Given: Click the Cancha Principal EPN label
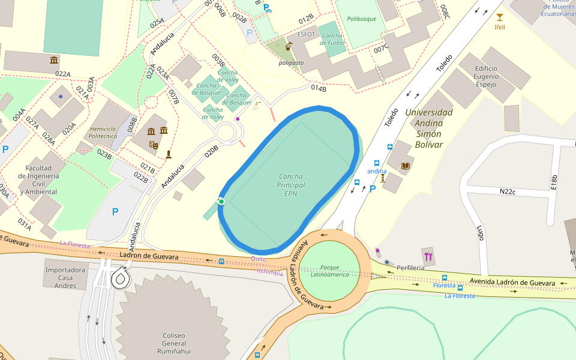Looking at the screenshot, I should click(290, 185).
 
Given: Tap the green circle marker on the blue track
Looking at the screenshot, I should click(221, 202).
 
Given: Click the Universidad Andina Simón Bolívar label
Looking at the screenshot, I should click(428, 128).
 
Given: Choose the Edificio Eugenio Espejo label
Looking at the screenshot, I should click(486, 77).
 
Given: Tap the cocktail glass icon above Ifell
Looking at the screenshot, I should click(499, 17).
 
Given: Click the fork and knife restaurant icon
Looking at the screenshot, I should click(428, 257).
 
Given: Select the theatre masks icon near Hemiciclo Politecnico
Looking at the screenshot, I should click(154, 145).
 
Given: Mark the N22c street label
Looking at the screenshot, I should click(508, 192).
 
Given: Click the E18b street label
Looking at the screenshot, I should click(554, 182).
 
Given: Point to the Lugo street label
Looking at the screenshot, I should click(480, 233).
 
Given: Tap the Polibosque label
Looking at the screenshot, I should click(362, 19).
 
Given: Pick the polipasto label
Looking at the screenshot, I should click(290, 62).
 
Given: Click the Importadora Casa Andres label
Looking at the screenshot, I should click(65, 278).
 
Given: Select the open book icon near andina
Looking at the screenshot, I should click(405, 166).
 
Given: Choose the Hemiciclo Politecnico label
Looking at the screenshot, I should click(103, 133).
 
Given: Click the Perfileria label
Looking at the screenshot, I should click(410, 267).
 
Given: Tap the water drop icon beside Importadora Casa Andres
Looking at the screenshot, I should click(121, 278).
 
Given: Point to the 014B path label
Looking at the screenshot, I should click(319, 89).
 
